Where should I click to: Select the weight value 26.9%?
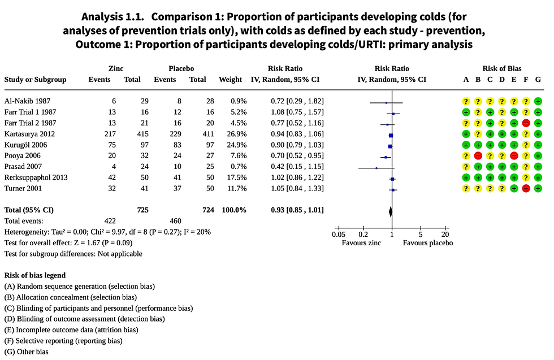(x=232, y=134)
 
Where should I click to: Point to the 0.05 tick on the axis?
(x=339, y=235)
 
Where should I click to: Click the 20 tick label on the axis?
(x=445, y=235)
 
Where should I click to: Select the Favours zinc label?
(x=362, y=243)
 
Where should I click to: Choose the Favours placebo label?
(x=428, y=243)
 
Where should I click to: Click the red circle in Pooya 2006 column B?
(x=478, y=155)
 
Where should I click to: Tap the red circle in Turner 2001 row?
(x=526, y=188)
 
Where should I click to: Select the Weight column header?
(x=230, y=80)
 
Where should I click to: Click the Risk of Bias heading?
(x=502, y=68)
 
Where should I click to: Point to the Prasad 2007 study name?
(x=24, y=167)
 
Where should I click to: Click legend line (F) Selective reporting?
(x=63, y=341)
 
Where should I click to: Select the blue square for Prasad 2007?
(x=376, y=167)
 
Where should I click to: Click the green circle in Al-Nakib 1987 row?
(x=538, y=101)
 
